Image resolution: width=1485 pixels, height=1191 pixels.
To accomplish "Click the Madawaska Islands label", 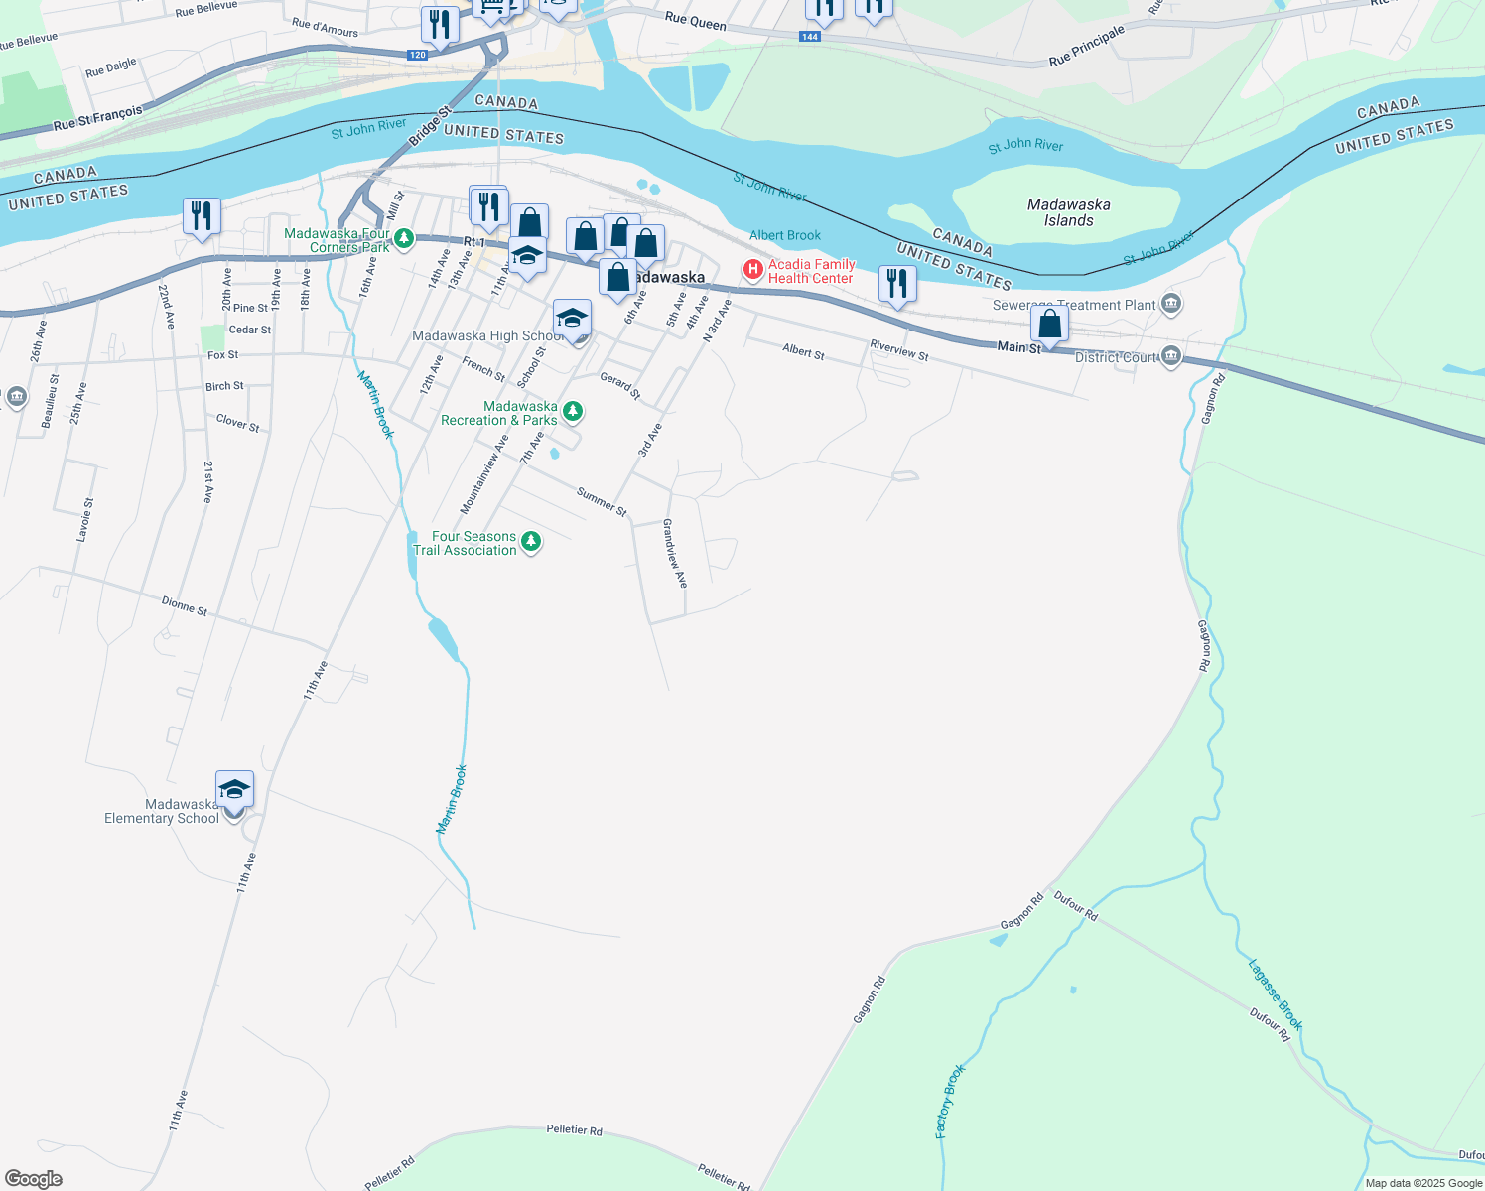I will (x=1068, y=212).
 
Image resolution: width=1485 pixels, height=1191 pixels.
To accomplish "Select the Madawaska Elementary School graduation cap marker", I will (x=234, y=790).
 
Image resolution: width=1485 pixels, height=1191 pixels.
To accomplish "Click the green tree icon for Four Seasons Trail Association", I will (x=531, y=542).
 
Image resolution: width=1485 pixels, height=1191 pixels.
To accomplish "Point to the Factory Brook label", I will (x=950, y=1101).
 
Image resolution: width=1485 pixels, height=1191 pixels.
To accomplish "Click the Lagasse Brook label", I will (x=1275, y=994).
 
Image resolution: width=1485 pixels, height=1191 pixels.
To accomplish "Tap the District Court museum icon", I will (x=1171, y=356).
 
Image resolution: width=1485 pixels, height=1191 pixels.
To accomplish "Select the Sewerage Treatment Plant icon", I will (x=1171, y=304).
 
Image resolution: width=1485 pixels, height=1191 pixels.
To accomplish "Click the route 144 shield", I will (x=810, y=37).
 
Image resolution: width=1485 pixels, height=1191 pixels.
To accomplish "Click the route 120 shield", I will (x=418, y=55).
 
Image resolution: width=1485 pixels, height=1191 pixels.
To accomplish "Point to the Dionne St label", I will (x=185, y=605).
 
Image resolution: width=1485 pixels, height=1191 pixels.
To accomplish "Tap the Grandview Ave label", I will (x=675, y=553).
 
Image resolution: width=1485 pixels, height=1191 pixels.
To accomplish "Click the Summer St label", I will (x=602, y=502).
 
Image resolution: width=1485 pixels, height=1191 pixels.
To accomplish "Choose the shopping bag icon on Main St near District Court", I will (x=1049, y=325).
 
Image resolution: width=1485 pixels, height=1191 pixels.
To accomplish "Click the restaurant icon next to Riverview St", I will (x=896, y=284).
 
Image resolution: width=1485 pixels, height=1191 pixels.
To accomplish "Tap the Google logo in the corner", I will (x=34, y=1179).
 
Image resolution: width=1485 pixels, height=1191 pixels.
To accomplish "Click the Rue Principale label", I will (x=1087, y=47).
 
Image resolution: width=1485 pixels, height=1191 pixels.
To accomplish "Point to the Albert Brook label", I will (x=785, y=235).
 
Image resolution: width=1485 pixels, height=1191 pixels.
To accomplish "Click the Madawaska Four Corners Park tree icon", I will (x=403, y=239).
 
